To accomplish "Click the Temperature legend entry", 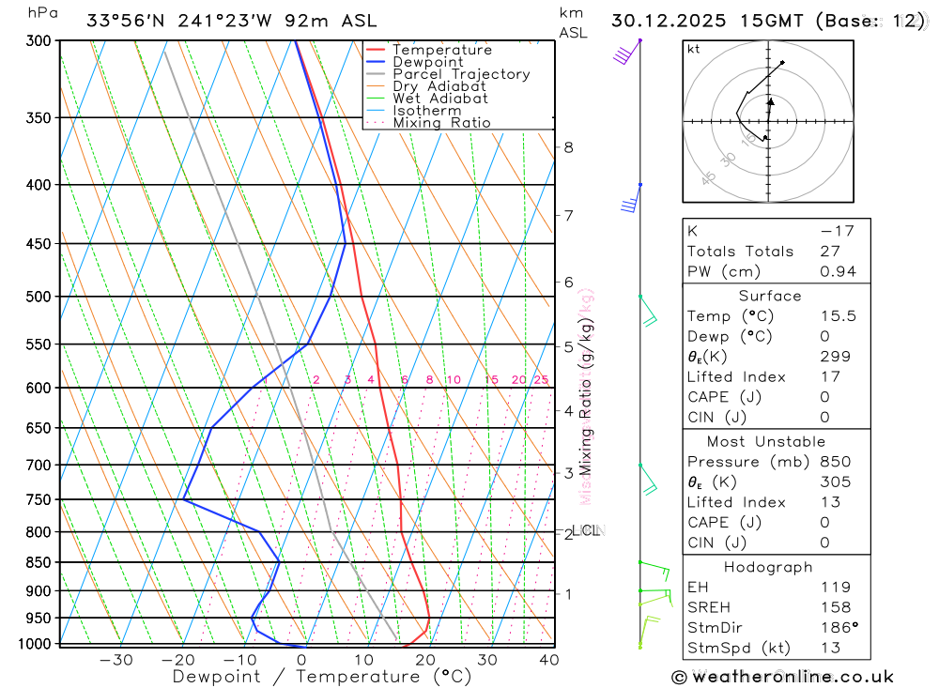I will click(441, 50).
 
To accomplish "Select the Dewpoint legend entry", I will click(428, 62).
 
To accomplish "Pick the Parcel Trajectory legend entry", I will click(461, 74).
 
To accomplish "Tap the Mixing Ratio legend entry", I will click(441, 123).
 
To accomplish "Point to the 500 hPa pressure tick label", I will click(40, 297).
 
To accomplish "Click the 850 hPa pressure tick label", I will click(40, 562).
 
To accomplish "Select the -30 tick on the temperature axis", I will click(115, 660).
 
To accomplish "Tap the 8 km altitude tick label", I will click(569, 147).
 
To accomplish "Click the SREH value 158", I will click(835, 607).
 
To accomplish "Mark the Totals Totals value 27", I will click(829, 252).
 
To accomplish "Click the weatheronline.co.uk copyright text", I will click(782, 677).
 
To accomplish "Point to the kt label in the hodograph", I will click(694, 49).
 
